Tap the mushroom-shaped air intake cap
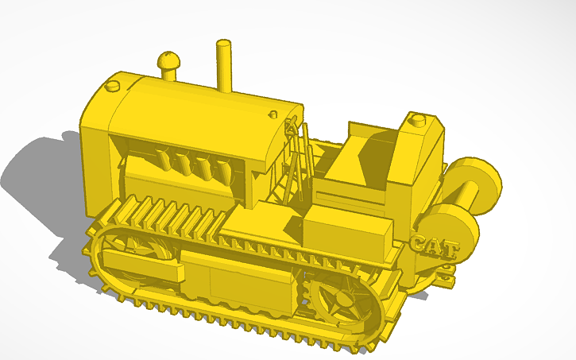click(x=169, y=62)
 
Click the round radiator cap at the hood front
click(x=113, y=84)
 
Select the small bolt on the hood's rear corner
click(x=273, y=114)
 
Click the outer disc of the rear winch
click(x=478, y=184)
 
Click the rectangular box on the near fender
click(x=348, y=230)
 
